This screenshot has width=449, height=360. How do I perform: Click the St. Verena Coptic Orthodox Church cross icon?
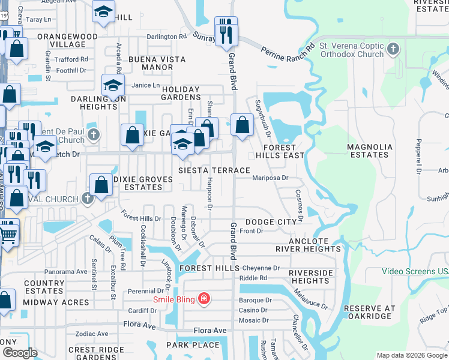click(393, 49)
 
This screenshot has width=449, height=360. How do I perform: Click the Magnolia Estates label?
click(370, 151)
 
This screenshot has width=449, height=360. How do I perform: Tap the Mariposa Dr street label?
click(270, 178)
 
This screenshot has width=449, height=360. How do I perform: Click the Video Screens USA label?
click(415, 271)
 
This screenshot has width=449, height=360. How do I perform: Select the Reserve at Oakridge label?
click(369, 313)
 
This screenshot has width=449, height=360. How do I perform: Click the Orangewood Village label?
click(68, 40)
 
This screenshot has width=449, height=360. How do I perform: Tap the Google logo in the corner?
click(19, 353)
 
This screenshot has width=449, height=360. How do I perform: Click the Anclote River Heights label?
click(309, 245)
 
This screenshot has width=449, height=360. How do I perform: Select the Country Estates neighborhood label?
click(44, 287)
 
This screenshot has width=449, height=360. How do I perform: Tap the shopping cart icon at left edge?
click(7, 234)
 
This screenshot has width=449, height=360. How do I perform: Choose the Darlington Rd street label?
click(167, 37)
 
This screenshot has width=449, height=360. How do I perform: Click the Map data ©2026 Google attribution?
click(412, 355)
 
